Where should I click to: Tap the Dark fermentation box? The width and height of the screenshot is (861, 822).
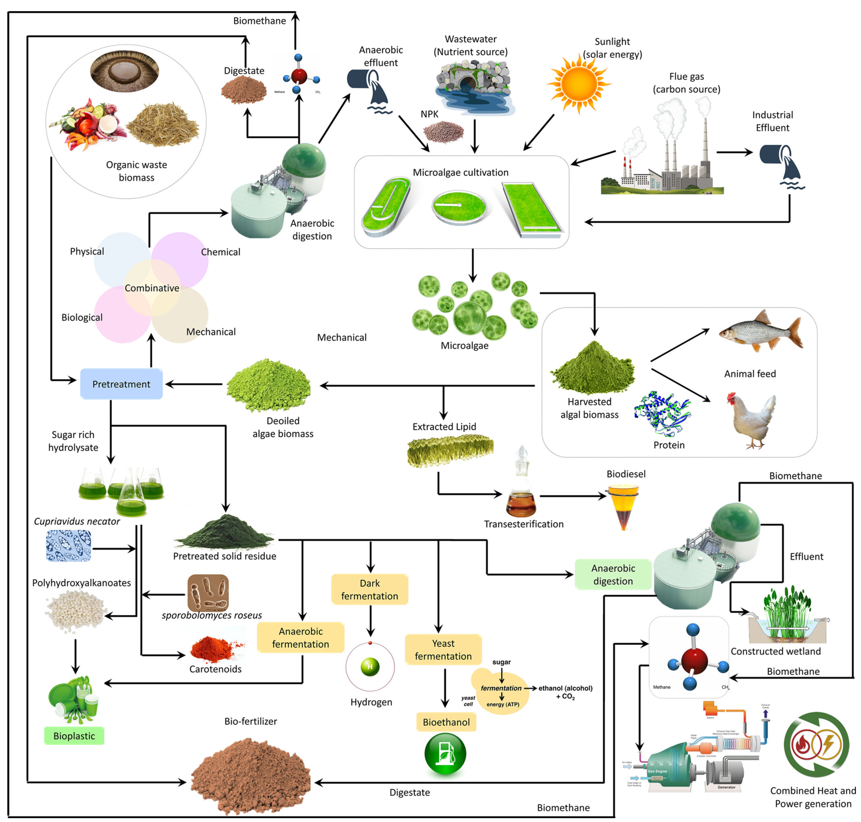pos(369,589)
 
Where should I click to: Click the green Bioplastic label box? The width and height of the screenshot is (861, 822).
pos(74,736)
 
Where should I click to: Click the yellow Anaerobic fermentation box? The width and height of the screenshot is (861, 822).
pos(300,637)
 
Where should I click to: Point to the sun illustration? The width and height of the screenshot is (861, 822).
pos(578,83)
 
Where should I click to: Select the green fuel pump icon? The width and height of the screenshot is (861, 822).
pos(445,754)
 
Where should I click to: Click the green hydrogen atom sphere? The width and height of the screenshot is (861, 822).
pos(370,667)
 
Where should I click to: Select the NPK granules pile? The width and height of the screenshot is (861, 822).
pos(443,131)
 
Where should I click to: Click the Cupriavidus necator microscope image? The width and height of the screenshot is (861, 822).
pos(69,546)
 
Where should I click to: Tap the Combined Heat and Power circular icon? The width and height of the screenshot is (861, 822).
pos(816,745)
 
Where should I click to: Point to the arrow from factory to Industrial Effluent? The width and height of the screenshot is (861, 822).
pos(734,152)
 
